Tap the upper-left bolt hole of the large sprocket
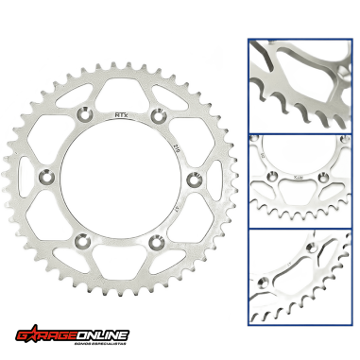(84, 116)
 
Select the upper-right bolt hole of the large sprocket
(154, 116)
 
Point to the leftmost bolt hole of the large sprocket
(48, 177)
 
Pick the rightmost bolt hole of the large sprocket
(190, 177)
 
